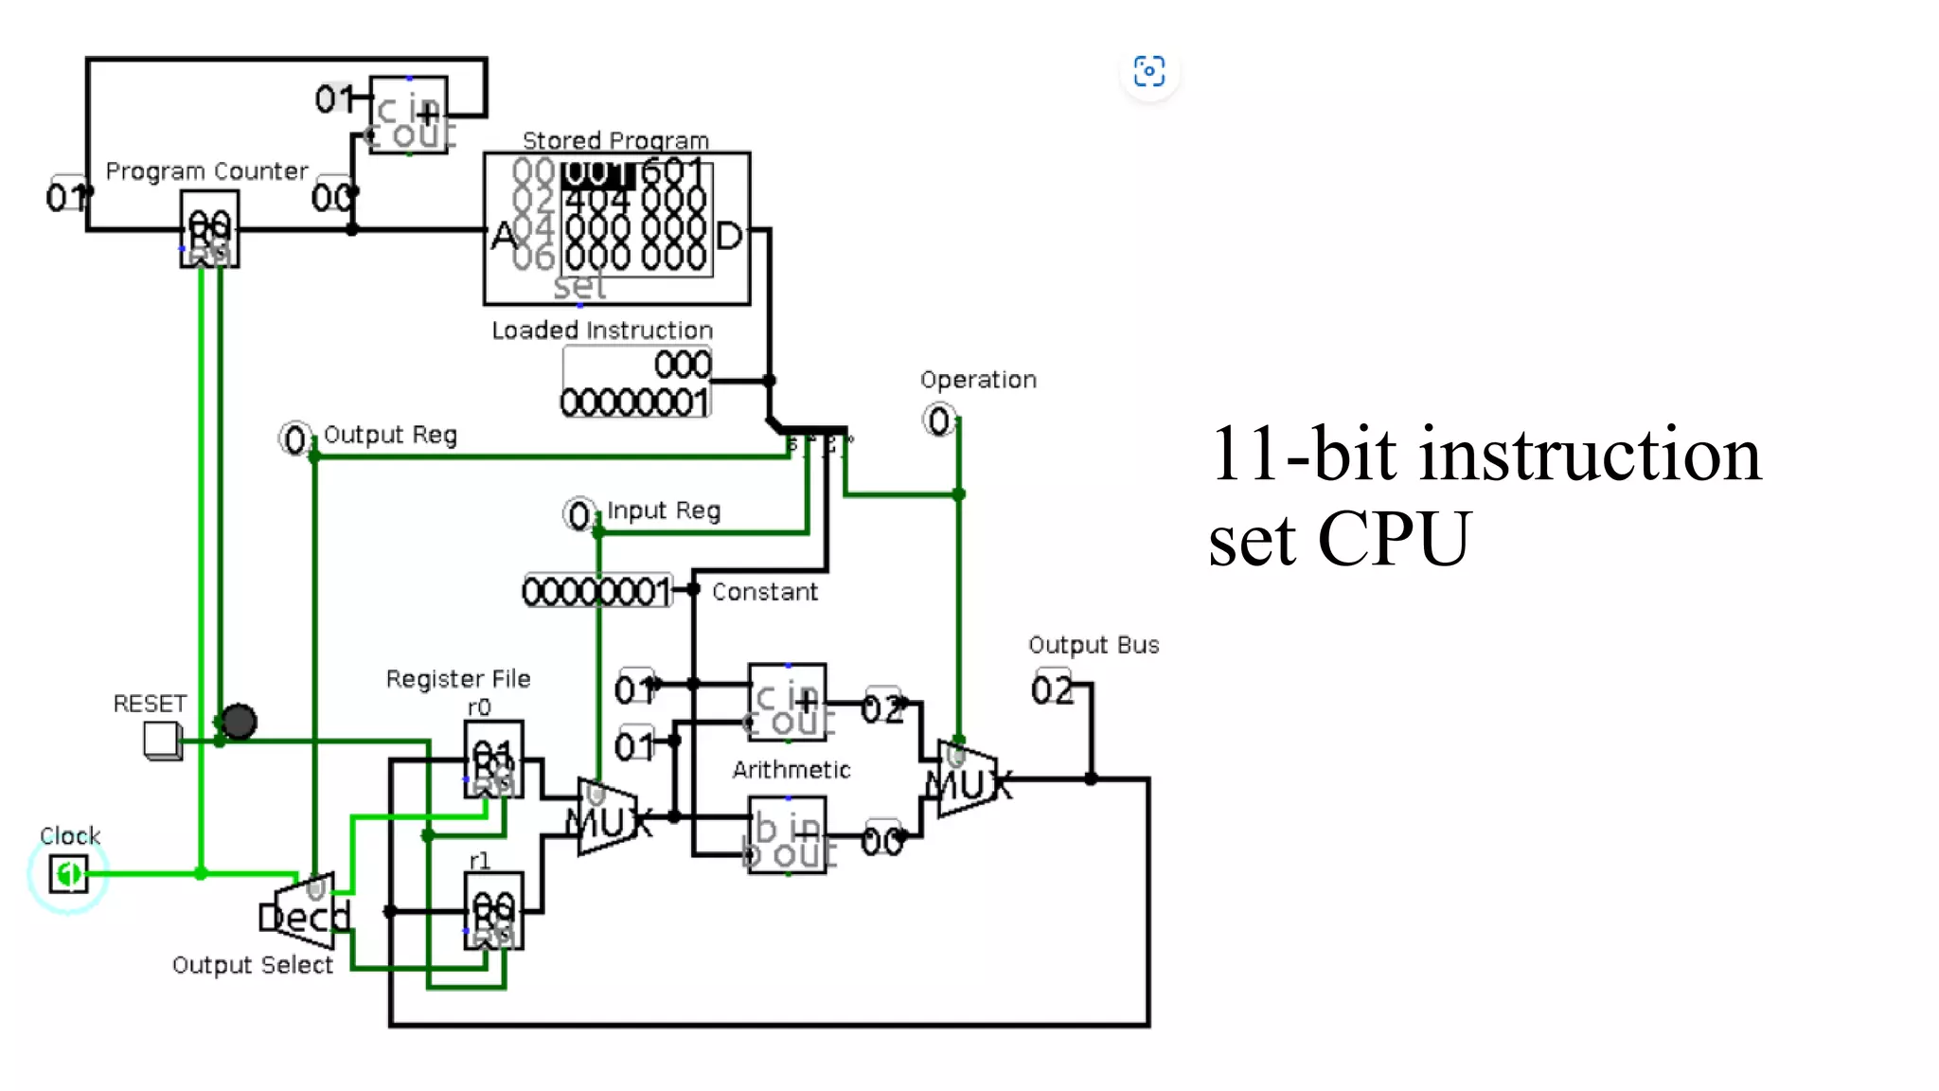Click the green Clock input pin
pos(68,873)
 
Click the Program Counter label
pos(206,171)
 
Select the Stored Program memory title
pos(615,141)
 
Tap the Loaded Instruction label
pos(602,331)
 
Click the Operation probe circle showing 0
pos(938,420)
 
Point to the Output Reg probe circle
pos(294,439)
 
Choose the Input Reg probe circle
pos(578,515)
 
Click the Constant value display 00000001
pos(596,592)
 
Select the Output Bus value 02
pos(1052,689)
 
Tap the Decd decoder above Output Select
pos(305,913)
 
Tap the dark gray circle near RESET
pos(239,722)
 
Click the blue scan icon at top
pos(1149,71)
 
